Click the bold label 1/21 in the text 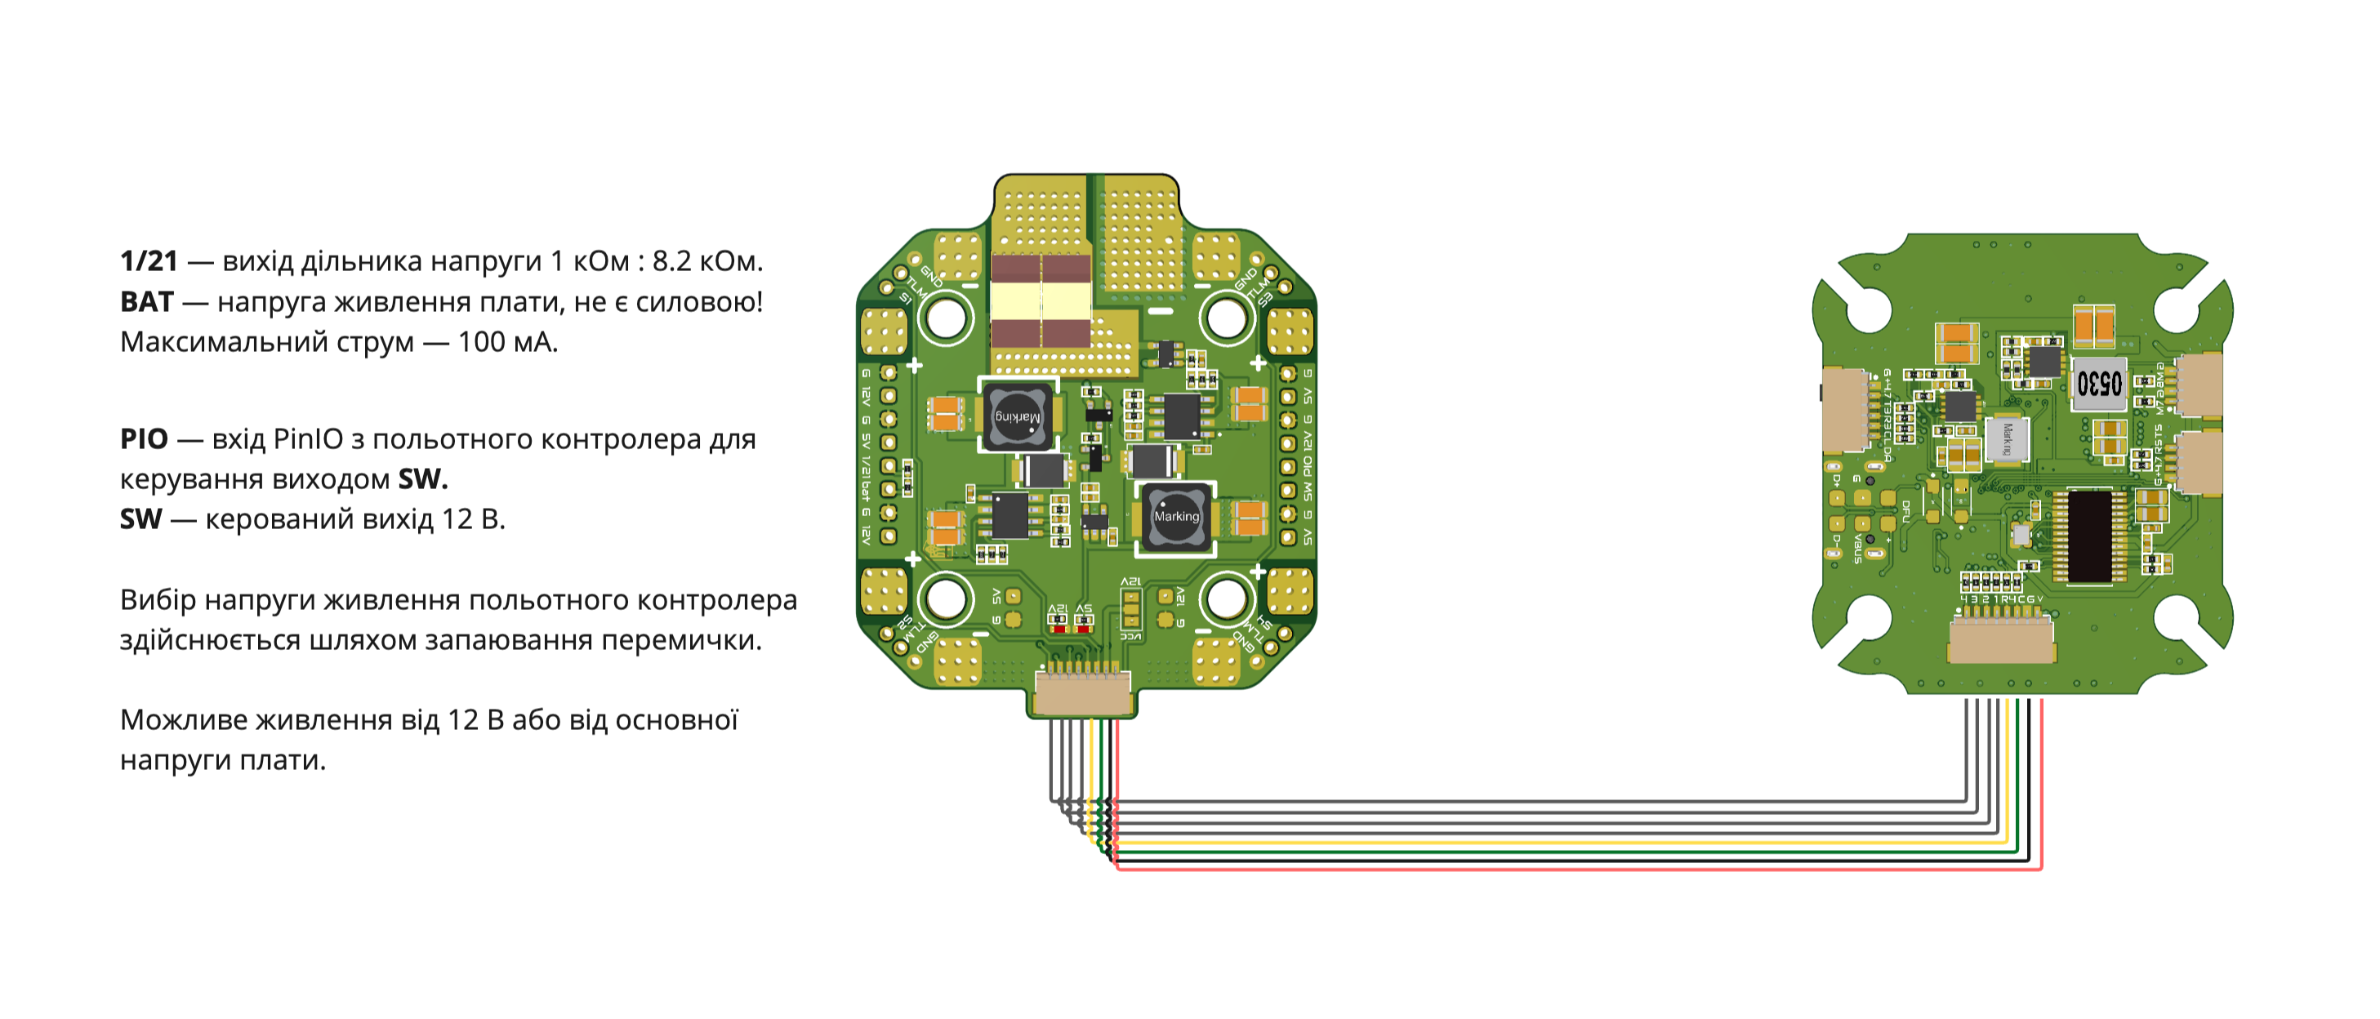149,261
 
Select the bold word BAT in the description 147,302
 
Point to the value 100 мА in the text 507,343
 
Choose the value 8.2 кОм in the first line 706,261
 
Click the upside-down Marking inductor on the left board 1017,417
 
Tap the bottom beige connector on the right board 2001,641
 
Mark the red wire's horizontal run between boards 1571,869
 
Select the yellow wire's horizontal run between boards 1571,843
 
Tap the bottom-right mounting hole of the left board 1226,598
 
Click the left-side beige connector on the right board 1844,410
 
